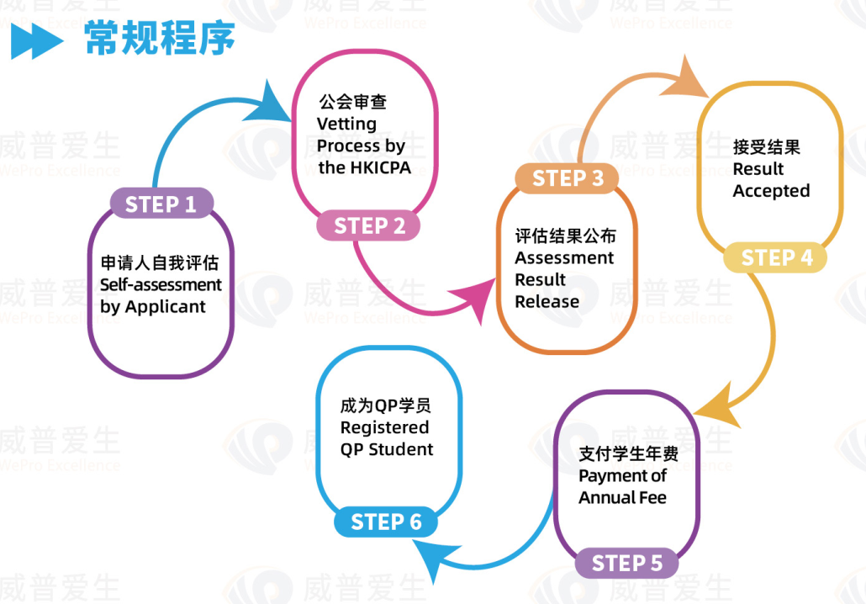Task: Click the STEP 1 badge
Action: (x=161, y=204)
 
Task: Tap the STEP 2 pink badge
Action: (x=368, y=225)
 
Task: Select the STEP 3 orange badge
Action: (x=567, y=178)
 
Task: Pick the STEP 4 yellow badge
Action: (x=775, y=257)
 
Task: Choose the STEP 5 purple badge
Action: (x=626, y=563)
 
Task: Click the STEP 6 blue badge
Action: (x=386, y=522)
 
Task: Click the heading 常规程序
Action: (x=160, y=38)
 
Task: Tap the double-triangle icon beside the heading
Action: (x=37, y=41)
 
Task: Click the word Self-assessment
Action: (x=161, y=284)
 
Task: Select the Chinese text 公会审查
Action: (x=353, y=102)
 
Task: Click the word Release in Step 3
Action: (x=547, y=302)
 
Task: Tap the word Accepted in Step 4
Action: (x=772, y=191)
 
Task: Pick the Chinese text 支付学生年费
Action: (x=629, y=453)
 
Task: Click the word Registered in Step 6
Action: (x=384, y=427)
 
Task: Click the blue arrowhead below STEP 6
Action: (x=435, y=557)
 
